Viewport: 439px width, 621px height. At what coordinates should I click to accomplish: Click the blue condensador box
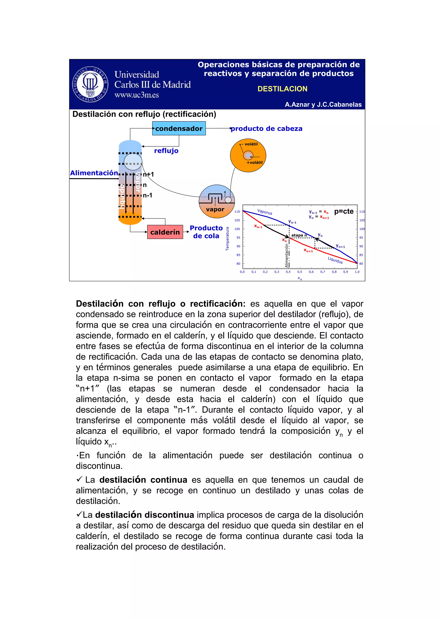click(179, 128)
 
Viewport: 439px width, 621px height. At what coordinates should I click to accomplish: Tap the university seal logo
click(90, 84)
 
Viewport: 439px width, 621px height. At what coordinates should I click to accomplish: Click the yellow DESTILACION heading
click(282, 89)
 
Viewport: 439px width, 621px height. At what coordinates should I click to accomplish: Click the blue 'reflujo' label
click(166, 151)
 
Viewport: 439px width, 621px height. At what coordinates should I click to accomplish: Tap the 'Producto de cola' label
click(206, 232)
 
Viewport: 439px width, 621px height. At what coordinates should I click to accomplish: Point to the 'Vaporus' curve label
click(265, 212)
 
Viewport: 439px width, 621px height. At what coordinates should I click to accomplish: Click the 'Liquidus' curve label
click(335, 260)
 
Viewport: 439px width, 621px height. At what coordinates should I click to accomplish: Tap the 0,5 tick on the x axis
click(300, 272)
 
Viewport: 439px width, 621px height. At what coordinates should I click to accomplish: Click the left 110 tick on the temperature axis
click(237, 212)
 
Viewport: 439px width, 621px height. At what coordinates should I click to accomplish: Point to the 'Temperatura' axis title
click(227, 239)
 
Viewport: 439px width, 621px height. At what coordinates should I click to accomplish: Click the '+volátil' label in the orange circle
click(254, 162)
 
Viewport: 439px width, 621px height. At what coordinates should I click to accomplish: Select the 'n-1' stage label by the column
click(147, 195)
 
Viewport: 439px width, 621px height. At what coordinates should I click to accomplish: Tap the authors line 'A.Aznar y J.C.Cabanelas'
click(323, 105)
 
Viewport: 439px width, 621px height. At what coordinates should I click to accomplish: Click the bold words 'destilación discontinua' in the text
click(145, 515)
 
